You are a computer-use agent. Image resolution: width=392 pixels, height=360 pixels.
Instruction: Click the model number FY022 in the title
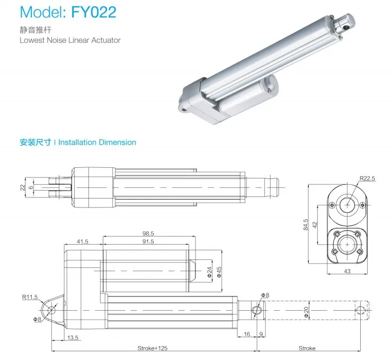tap(93, 13)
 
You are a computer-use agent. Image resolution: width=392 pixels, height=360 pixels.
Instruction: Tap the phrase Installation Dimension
tap(97, 142)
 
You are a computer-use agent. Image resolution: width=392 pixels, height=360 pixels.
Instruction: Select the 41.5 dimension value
tap(82, 241)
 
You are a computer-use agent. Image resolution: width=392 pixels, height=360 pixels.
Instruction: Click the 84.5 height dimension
tap(306, 224)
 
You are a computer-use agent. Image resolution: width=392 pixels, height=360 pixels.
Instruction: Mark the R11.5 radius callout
tap(30, 298)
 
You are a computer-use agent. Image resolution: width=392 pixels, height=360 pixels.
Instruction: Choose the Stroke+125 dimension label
tap(153, 348)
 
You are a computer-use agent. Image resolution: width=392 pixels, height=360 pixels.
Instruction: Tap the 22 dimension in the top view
tap(22, 187)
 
